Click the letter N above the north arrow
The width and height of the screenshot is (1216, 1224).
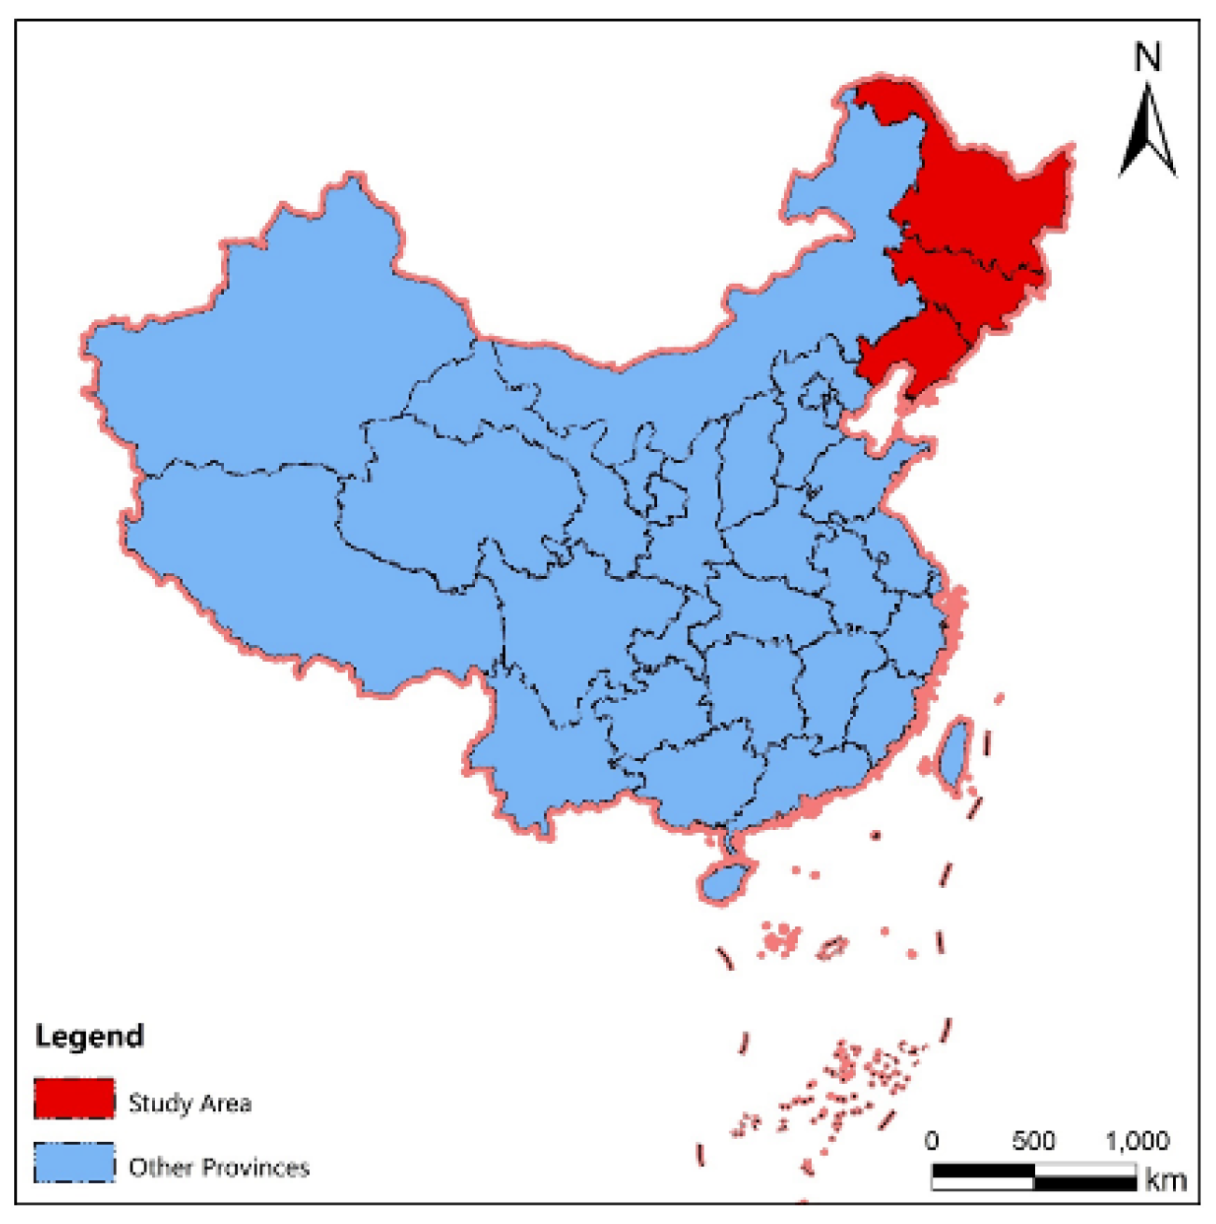pyautogui.click(x=1148, y=58)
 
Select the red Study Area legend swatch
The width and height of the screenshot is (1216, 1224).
pyautogui.click(x=75, y=1099)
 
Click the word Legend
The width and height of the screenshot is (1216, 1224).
pyautogui.click(x=90, y=1036)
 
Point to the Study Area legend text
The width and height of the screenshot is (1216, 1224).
pyautogui.click(x=189, y=1104)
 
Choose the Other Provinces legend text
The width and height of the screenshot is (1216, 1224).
pyautogui.click(x=219, y=1167)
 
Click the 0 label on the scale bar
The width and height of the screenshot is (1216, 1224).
pyautogui.click(x=931, y=1141)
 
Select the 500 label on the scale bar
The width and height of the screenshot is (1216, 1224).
pyautogui.click(x=1033, y=1141)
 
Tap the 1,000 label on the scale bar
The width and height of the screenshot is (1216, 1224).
pyautogui.click(x=1137, y=1141)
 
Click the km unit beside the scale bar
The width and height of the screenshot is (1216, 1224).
pyautogui.click(x=1166, y=1180)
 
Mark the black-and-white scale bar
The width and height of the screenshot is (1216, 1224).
pyautogui.click(x=1034, y=1176)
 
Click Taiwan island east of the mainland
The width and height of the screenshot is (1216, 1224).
pyautogui.click(x=954, y=753)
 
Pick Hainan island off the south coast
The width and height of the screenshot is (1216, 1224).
pyautogui.click(x=725, y=880)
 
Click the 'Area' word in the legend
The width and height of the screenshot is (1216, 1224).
pyautogui.click(x=226, y=1104)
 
